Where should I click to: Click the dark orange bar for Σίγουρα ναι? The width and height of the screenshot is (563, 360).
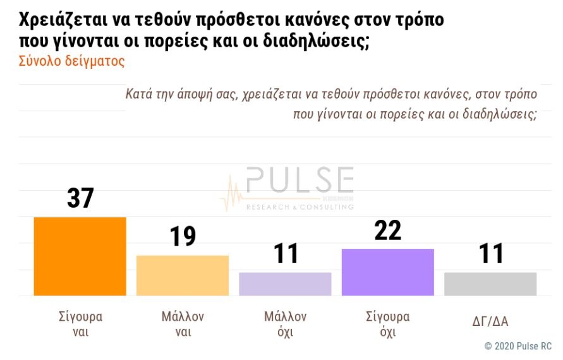pyautogui.click(x=80, y=256)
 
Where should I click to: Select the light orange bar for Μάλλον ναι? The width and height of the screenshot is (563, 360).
pyautogui.click(x=183, y=275)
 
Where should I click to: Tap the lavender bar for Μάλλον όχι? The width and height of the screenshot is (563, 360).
pyautogui.click(x=285, y=284)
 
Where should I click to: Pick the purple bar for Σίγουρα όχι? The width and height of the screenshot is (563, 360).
pyautogui.click(x=387, y=272)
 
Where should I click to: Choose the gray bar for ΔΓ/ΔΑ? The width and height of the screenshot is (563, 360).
pyautogui.click(x=490, y=284)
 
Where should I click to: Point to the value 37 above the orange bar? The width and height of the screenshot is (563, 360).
pyautogui.click(x=80, y=198)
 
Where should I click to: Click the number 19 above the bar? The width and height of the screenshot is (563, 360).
pyautogui.click(x=183, y=237)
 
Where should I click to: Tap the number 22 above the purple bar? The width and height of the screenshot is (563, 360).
pyautogui.click(x=387, y=231)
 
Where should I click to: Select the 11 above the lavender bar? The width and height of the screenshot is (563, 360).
pyautogui.click(x=286, y=254)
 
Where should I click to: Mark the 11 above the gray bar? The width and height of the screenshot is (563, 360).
pyautogui.click(x=491, y=254)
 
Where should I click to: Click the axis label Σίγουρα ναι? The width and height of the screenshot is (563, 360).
pyautogui.click(x=80, y=324)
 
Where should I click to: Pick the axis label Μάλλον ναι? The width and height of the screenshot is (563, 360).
pyautogui.click(x=183, y=324)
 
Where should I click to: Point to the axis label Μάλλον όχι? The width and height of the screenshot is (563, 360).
pyautogui.click(x=285, y=324)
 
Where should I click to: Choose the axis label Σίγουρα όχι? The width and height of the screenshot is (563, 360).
pyautogui.click(x=387, y=324)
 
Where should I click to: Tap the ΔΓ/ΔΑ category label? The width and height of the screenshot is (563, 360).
pyautogui.click(x=490, y=322)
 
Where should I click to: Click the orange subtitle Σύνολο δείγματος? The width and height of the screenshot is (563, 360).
pyautogui.click(x=71, y=61)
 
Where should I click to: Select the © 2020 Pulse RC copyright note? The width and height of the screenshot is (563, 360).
pyautogui.click(x=518, y=346)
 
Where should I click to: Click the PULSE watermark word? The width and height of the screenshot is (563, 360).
pyautogui.click(x=300, y=181)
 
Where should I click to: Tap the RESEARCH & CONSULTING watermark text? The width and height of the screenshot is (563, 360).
pyautogui.click(x=299, y=207)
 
